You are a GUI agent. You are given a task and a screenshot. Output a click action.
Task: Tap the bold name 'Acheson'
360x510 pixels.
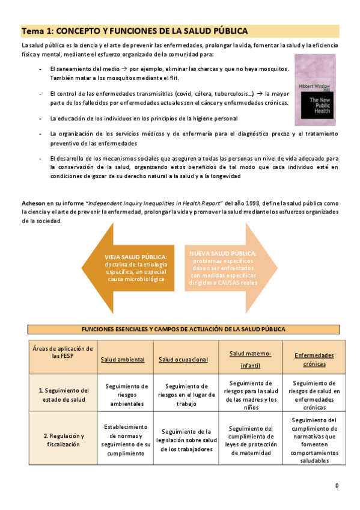pyautogui.click(x=34, y=204)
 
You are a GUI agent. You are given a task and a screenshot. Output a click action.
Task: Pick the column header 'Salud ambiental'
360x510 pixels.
pyautogui.click(x=123, y=359)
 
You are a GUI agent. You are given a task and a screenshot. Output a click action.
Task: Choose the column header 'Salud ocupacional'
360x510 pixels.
pyautogui.click(x=183, y=359)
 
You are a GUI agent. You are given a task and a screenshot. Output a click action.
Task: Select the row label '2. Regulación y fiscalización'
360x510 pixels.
pyautogui.click(x=64, y=440)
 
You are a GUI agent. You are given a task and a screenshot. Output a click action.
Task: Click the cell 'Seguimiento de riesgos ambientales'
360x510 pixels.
pyautogui.click(x=126, y=395)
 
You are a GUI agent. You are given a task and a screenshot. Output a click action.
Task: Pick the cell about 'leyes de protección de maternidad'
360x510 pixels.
pyautogui.click(x=252, y=440)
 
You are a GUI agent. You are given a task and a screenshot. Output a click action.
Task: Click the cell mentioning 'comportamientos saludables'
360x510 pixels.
pyautogui.click(x=314, y=440)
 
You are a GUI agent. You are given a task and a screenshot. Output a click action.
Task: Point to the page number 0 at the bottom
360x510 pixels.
pyautogui.click(x=337, y=485)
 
